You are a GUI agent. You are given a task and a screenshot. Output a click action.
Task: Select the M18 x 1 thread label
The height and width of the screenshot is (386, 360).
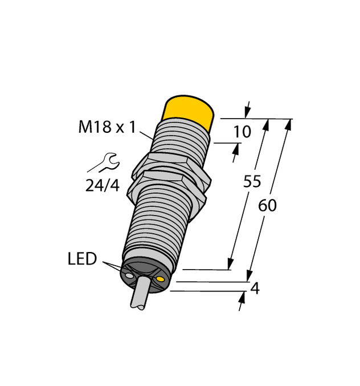point(107,127)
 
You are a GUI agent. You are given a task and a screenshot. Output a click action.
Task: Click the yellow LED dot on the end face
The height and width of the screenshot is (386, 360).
point(161,279)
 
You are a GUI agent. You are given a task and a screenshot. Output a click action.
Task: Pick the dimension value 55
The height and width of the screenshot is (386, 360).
point(252,181)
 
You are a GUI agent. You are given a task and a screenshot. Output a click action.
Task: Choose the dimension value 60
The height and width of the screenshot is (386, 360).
point(267,205)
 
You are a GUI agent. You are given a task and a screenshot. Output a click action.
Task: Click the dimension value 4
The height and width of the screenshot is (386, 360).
point(255,289)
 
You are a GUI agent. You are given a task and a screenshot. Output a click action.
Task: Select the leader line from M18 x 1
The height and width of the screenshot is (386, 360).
point(146,135)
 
